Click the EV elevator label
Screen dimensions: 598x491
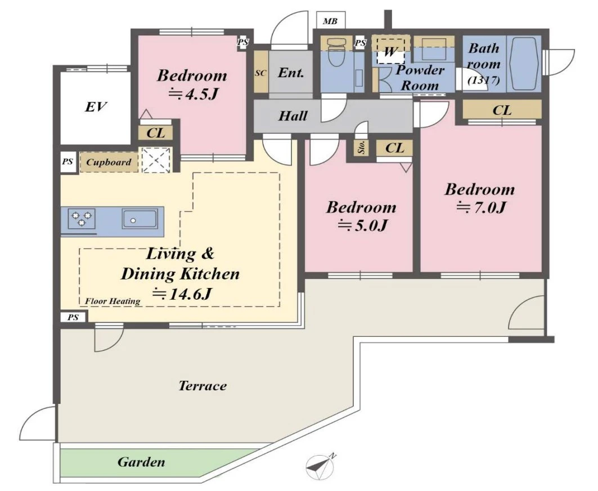(95, 107)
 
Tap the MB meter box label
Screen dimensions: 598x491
(330, 21)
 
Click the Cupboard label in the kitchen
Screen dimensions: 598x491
(109, 163)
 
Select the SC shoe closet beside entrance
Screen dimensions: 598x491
(260, 73)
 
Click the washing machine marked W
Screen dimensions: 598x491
(390, 51)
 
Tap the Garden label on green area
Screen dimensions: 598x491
(141, 462)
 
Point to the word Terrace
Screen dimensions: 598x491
(203, 386)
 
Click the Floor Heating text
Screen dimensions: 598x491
(113, 301)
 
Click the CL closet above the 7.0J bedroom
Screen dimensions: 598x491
(502, 110)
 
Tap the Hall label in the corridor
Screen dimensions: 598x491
(293, 116)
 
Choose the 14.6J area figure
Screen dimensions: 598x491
(182, 294)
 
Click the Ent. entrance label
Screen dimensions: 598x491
(291, 73)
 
